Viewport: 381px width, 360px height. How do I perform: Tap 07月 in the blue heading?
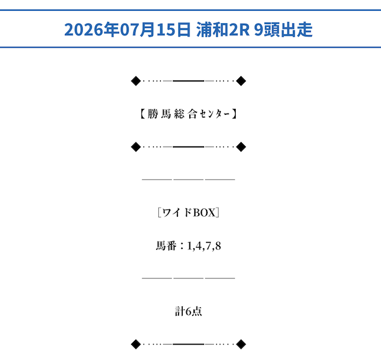point(138,29)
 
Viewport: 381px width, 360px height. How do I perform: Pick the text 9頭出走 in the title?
point(283,29)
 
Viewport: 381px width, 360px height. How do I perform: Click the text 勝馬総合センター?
point(188,114)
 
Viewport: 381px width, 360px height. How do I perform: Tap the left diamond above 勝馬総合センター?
point(136,81)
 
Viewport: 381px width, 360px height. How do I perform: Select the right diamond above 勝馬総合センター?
point(241,81)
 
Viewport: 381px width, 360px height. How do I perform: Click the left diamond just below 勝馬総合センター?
point(136,147)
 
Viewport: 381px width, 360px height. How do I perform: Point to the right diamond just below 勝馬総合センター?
point(241,147)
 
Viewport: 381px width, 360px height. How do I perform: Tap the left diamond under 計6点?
point(136,344)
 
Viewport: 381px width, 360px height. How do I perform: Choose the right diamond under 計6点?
point(241,344)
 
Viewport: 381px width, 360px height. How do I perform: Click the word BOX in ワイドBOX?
point(204,213)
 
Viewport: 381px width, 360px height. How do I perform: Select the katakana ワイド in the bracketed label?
point(177,213)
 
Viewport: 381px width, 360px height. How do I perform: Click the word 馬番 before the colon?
point(166,246)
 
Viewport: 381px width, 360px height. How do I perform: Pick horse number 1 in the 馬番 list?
point(189,246)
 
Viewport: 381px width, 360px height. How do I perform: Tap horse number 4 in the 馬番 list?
point(198,246)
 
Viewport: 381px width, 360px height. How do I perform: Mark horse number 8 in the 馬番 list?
point(218,246)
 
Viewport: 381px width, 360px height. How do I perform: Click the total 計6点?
point(188,311)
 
